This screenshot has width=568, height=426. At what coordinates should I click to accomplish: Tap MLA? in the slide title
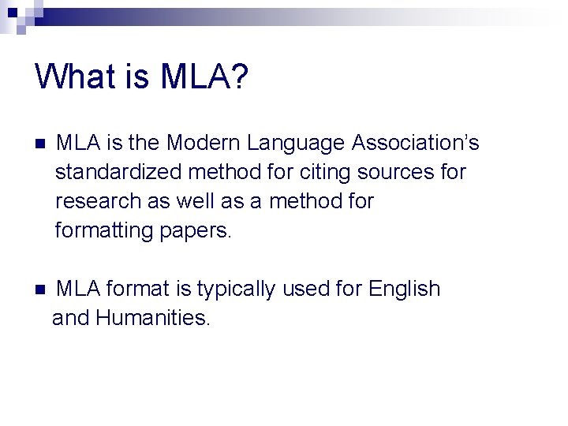click(204, 77)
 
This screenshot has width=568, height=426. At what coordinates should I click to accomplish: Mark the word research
click(99, 201)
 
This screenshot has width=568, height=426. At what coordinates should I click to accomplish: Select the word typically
click(236, 290)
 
